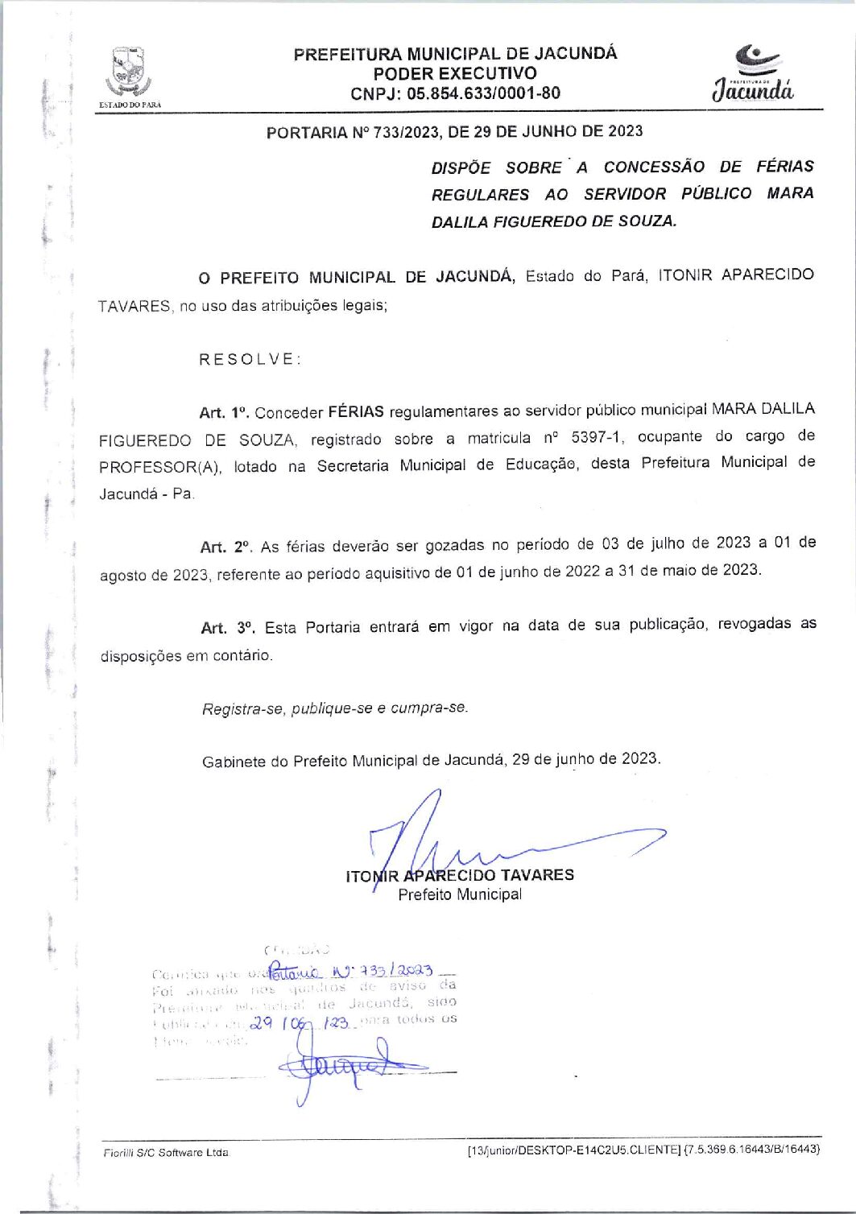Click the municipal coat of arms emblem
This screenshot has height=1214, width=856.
[x=128, y=72]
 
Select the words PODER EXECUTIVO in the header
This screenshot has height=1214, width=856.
[x=455, y=73]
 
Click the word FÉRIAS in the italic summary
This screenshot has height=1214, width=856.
[x=784, y=167]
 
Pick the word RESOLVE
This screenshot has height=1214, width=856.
[x=250, y=359]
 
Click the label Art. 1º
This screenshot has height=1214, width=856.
[x=224, y=413]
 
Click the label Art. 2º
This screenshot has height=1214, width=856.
[x=225, y=547]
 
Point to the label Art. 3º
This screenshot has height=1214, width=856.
[x=227, y=627]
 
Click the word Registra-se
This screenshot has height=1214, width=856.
[x=242, y=708]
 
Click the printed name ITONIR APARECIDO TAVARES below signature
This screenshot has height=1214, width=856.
[x=459, y=875]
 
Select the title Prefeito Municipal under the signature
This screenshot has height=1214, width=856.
[x=459, y=894]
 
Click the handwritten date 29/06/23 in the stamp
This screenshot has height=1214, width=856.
[x=299, y=1023]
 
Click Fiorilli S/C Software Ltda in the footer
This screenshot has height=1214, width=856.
[x=165, y=1153]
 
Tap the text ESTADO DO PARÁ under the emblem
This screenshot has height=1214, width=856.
[x=129, y=105]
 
